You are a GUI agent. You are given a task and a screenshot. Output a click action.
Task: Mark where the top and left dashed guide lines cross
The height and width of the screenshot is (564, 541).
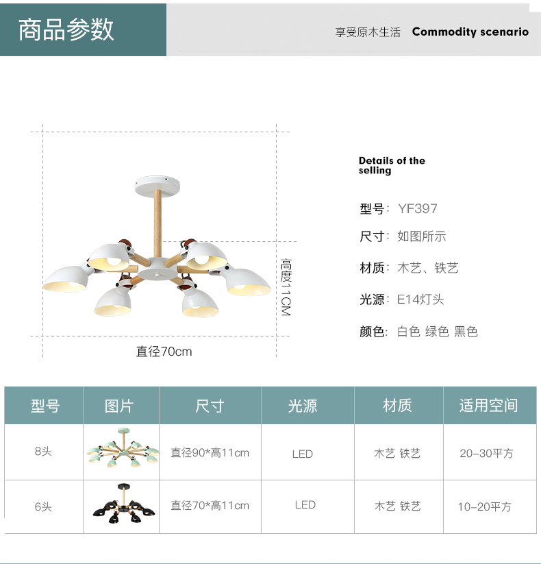coord(42,132)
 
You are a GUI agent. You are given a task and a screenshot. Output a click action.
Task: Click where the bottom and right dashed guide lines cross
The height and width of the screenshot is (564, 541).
coord(277,336)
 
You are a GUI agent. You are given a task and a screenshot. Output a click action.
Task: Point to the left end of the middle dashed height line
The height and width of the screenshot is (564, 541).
coord(163,242)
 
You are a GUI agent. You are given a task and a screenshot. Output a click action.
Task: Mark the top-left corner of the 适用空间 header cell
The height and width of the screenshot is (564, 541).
coord(444,387)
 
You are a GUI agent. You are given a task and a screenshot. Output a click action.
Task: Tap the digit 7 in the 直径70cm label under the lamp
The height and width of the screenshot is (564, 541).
coord(164,352)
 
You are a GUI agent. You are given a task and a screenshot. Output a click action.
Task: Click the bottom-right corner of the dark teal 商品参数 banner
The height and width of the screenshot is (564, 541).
coord(166,56)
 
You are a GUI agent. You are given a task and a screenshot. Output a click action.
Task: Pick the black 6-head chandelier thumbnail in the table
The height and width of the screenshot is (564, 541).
coord(124,503)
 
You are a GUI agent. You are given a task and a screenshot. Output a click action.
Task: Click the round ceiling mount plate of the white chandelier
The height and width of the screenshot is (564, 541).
coord(157,186)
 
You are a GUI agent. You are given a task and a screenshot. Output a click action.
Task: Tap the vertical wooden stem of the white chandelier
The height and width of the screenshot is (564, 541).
coord(158,224)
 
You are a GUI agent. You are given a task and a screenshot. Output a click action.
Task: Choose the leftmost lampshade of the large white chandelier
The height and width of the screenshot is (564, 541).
coord(66,279)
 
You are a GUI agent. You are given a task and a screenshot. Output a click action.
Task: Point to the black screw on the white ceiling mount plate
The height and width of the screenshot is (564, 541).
coord(166,178)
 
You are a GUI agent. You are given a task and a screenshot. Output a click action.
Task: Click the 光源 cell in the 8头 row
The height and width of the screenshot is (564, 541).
coord(303,454)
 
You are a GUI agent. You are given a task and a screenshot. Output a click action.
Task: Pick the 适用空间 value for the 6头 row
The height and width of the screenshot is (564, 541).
coord(485,507)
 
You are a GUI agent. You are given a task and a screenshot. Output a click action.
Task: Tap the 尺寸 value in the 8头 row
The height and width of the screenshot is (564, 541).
coord(210,453)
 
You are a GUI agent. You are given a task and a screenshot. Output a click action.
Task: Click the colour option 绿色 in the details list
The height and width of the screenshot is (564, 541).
coord(437,331)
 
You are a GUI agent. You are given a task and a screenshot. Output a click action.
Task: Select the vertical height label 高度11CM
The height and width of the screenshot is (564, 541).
coord(286,287)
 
